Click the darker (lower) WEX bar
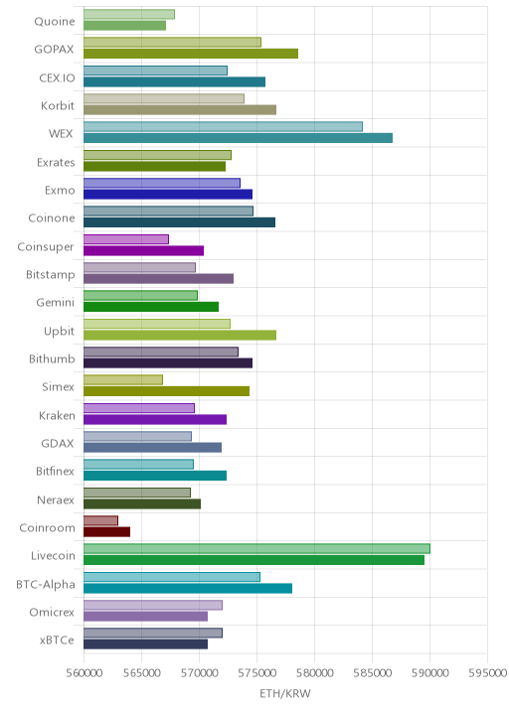coord(238,138)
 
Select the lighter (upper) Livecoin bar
coord(256,549)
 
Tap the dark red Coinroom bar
coord(106,532)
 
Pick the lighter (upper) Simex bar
coord(123,380)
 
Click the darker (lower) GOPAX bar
coord(191,54)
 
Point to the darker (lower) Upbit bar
coord(180,335)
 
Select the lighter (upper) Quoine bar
coord(129,15)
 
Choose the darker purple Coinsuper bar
coord(143,251)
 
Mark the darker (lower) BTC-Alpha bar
coord(188,589)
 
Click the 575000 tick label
coord(256,673)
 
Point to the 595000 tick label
coord(488,673)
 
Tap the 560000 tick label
coord(84,673)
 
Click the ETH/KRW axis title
coord(285,694)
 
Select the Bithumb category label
coord(52,359)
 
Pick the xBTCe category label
coord(57,640)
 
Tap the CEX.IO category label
coord(57,78)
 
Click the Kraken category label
coord(57,415)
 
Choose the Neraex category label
coord(56,499)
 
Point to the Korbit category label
coord(58,105)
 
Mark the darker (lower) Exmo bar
coord(168,195)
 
